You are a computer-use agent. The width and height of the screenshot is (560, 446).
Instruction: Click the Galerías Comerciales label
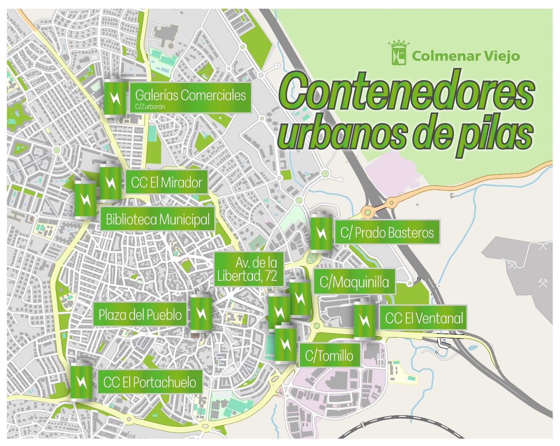pos(190,95)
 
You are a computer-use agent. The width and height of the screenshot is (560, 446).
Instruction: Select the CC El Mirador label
pos(166,183)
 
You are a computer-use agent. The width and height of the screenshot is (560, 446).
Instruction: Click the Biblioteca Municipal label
pos(157,219)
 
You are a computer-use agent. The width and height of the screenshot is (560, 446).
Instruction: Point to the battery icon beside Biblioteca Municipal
pos(85,199)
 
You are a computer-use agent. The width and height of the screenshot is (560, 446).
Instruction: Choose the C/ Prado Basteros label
pos(387,233)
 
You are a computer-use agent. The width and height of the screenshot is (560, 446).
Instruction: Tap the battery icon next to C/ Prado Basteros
pos(321,233)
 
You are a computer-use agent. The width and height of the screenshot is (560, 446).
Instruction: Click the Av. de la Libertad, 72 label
pos(248,269)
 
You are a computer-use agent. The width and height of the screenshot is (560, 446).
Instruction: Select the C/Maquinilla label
pos(354,282)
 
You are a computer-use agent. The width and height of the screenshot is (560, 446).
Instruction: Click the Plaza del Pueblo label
pos(140,315)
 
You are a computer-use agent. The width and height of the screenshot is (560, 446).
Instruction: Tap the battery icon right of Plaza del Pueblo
pos(201,313)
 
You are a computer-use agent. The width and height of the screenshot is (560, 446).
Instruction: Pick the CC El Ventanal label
pos(423,318)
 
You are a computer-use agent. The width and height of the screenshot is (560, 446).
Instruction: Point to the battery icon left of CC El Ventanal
pos(365,320)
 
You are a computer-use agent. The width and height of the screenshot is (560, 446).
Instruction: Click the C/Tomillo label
pos(329,356)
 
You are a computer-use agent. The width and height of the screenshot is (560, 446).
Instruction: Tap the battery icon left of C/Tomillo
pos(285,344)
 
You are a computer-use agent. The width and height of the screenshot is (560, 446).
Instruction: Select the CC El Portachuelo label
pos(149,382)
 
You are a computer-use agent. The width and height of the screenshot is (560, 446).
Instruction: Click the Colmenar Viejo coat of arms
pos(398,54)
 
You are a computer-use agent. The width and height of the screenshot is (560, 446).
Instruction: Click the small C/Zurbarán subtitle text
pos(150,107)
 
